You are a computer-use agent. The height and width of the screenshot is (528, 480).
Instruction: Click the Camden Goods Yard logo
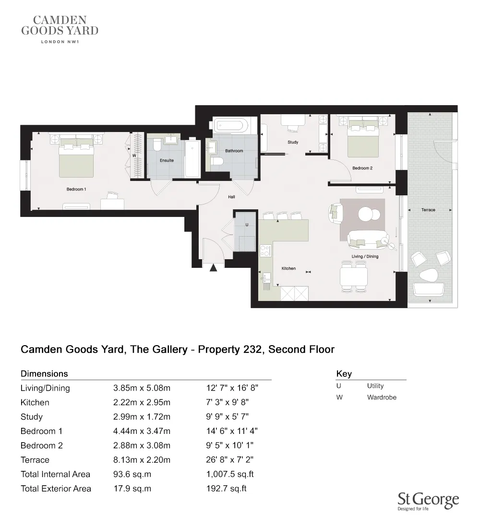click(60, 29)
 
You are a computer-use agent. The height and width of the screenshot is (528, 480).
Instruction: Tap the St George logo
click(428, 502)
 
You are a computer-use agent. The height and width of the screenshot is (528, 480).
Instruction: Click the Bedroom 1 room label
click(76, 189)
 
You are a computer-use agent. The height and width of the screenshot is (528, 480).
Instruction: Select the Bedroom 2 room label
click(362, 168)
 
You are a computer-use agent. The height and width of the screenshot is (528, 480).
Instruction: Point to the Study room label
click(293, 142)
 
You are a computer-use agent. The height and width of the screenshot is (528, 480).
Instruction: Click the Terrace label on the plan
click(428, 210)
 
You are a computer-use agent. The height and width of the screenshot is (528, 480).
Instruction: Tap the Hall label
click(231, 197)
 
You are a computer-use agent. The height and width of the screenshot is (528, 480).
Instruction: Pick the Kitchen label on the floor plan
click(288, 268)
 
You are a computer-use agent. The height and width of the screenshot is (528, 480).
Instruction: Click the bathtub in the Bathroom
click(230, 126)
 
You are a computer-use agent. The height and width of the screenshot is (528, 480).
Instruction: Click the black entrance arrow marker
click(214, 267)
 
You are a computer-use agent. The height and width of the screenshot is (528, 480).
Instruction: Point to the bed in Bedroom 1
click(76, 158)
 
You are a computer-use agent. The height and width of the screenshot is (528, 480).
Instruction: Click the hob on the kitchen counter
click(265, 250)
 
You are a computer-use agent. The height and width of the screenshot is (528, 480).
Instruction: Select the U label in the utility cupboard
click(247, 225)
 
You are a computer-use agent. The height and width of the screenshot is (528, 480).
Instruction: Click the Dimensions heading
click(44, 373)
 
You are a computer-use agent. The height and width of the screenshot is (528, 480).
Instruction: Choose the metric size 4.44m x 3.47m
click(142, 431)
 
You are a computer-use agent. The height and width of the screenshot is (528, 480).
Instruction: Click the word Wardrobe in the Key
click(382, 397)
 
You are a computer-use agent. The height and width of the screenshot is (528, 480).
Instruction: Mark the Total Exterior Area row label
click(56, 489)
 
